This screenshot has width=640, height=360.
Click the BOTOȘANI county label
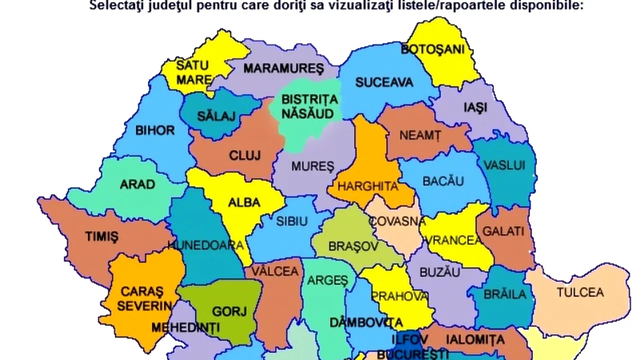[x=432, y=49]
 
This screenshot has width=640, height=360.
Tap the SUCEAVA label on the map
[x=384, y=82]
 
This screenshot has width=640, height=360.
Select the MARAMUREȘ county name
[x=283, y=68]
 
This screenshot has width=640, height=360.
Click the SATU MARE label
[x=193, y=72]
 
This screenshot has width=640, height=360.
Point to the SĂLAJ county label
[x=216, y=116]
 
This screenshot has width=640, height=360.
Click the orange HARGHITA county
[x=367, y=186]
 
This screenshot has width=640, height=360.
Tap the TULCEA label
[x=580, y=292]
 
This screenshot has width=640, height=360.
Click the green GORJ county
[x=229, y=311]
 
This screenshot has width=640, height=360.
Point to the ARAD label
[x=137, y=184]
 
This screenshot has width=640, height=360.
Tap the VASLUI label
[x=504, y=165]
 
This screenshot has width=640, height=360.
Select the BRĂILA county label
[x=504, y=294]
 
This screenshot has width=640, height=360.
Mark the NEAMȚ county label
[x=420, y=135]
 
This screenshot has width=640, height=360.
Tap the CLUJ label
[x=244, y=155]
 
